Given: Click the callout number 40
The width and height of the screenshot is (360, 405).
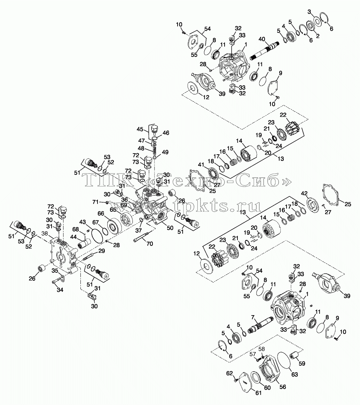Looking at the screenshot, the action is tap(261, 39).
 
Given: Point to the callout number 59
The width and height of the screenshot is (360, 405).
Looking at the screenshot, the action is tap(302, 364).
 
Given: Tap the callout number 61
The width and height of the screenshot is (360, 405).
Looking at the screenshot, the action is tap(258, 393).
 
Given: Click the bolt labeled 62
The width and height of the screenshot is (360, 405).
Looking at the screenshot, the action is tap(236, 380).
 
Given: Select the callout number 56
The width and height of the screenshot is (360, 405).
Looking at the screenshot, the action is tap(283, 387).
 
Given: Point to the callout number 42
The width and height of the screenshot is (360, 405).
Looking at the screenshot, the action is tap(305, 194).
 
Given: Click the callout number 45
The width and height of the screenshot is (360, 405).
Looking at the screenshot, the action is tap(140, 129).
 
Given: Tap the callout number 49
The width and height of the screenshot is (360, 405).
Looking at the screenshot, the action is tap(165, 152).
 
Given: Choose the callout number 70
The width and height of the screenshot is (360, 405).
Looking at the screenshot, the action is tap(150, 243).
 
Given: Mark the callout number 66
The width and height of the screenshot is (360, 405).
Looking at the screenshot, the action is tap(101, 213).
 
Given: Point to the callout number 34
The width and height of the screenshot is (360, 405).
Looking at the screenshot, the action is tap(60, 290).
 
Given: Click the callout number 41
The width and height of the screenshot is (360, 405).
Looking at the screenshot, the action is tap(201, 165).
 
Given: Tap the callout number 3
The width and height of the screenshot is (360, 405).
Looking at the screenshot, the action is tap(310, 11).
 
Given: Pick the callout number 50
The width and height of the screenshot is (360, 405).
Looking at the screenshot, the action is tap(170, 228).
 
